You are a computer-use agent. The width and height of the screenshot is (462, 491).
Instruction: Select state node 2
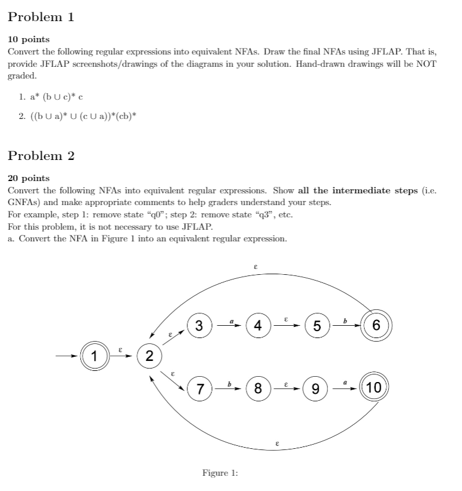(149, 356)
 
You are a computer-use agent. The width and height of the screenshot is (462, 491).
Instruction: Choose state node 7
(200, 387)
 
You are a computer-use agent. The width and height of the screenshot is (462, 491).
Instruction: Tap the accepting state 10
(375, 387)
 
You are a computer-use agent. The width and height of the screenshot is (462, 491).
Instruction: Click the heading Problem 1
(41, 17)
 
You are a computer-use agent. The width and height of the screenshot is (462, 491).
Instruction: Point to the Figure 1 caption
(220, 473)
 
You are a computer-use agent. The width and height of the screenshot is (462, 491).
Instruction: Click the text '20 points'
(28, 178)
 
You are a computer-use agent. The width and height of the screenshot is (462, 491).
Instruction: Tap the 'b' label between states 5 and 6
(345, 320)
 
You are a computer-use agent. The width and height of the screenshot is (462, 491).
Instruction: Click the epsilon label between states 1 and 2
(120, 349)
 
